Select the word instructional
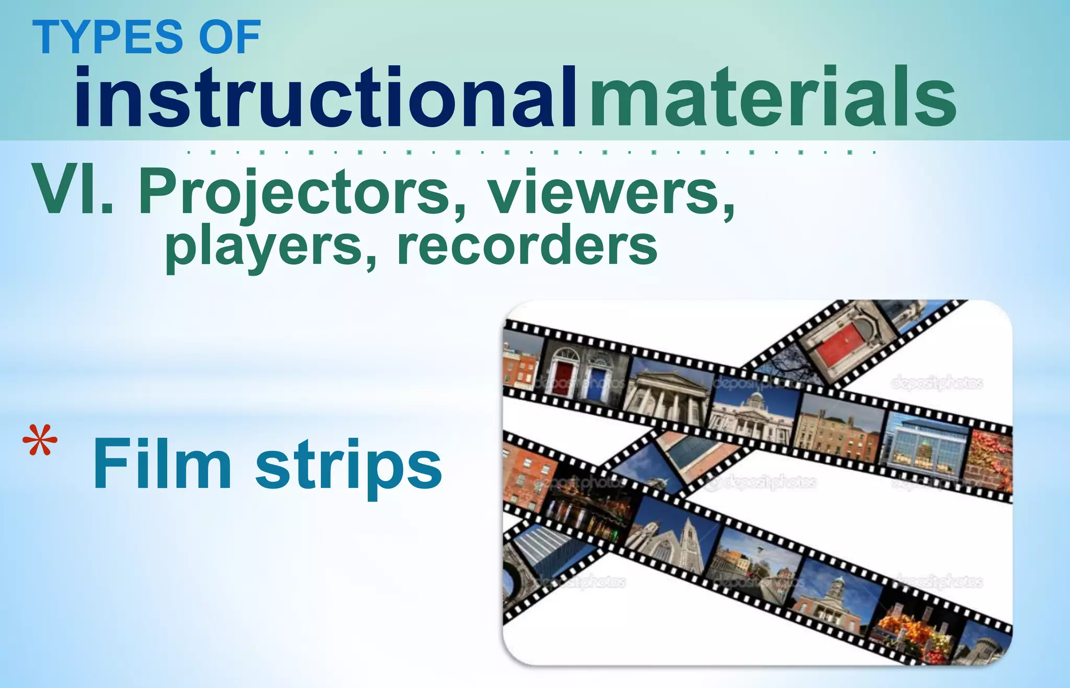(325, 98)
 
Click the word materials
(773, 98)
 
